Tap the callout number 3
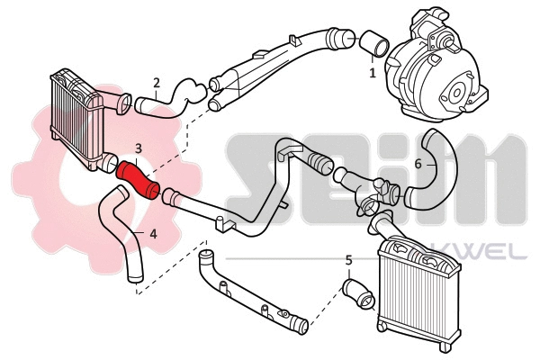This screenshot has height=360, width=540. tap(138, 147)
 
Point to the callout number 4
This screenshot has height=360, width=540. tap(152, 234)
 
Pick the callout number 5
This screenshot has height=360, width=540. tap(348, 260)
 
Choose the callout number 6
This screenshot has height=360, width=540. tap(418, 165)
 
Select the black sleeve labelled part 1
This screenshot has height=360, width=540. tap(372, 46)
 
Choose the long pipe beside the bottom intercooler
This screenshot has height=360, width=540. tap(248, 293)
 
